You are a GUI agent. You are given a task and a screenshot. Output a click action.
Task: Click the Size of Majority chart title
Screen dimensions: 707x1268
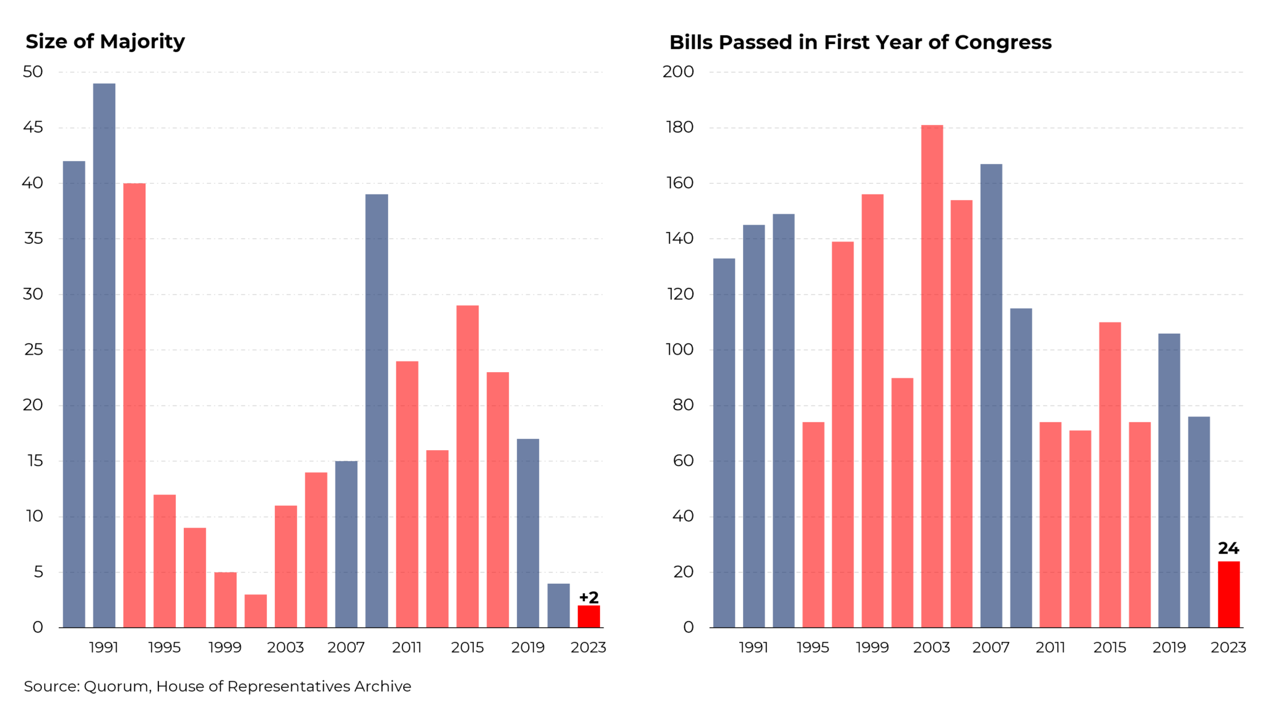point(105,41)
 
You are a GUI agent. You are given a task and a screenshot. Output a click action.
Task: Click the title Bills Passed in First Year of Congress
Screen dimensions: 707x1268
point(860,43)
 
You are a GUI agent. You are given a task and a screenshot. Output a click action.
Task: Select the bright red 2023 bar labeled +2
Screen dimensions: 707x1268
point(588,617)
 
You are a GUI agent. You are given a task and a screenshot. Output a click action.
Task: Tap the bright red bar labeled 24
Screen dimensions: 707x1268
point(1228,594)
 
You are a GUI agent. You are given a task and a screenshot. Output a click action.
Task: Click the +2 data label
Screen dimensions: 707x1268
point(588,597)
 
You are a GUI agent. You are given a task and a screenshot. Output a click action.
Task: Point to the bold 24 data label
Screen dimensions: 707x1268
point(1228,549)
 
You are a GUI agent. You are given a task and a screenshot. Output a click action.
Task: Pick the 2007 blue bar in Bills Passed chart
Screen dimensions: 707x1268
point(991,396)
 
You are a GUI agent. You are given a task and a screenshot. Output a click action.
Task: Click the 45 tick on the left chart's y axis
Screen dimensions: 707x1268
point(33,128)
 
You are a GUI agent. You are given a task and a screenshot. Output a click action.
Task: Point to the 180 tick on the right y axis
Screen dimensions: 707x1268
point(679,128)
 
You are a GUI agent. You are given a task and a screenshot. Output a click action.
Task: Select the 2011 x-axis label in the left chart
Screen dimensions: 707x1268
point(407,648)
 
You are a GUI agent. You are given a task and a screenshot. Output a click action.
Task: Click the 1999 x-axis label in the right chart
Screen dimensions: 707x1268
point(872,648)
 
